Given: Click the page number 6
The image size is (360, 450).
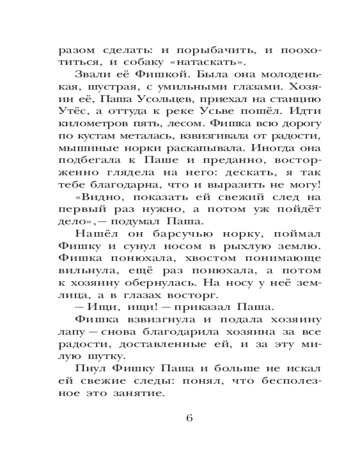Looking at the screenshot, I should [189, 418].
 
